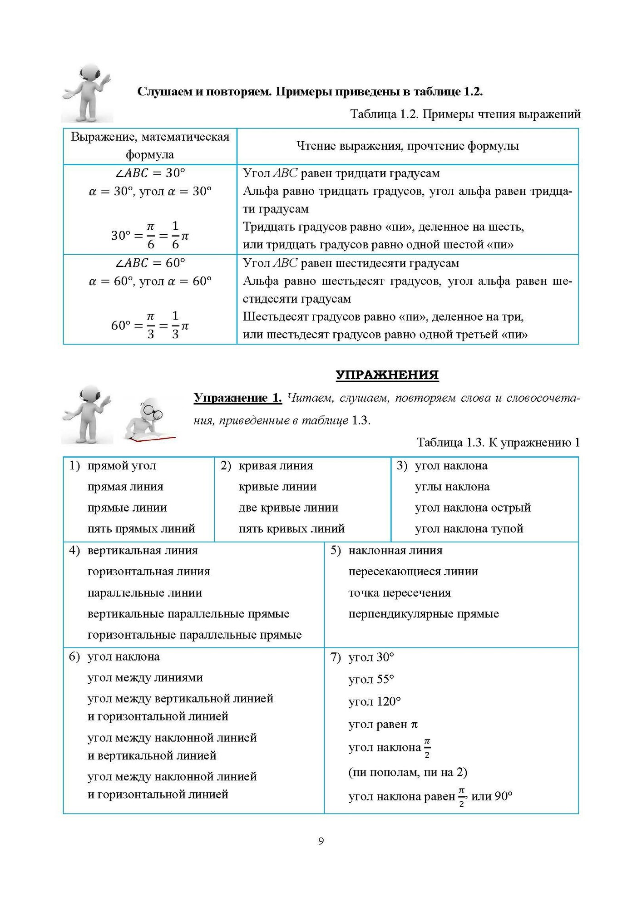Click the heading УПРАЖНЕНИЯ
(x=387, y=375)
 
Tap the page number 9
(x=321, y=841)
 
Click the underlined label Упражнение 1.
(x=237, y=398)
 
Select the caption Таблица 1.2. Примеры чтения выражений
(x=465, y=114)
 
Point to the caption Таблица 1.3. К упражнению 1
(x=498, y=443)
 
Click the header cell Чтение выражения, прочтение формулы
(x=407, y=146)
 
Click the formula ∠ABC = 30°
(x=150, y=173)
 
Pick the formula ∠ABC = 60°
(x=150, y=263)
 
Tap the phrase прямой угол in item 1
(x=122, y=466)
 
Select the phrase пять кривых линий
(x=291, y=529)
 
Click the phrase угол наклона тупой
(x=469, y=529)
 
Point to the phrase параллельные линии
(x=144, y=593)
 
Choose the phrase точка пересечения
(x=399, y=593)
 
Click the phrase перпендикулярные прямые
(x=423, y=614)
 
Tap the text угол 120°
(x=374, y=702)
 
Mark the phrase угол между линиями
(x=145, y=678)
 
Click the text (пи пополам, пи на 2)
(x=407, y=772)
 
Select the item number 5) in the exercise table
(x=336, y=551)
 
